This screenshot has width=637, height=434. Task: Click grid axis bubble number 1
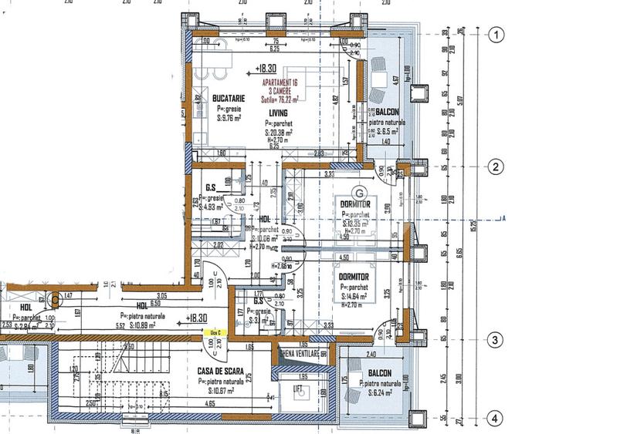(498, 34)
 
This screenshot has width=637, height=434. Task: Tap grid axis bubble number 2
(498, 167)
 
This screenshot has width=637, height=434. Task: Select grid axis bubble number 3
(498, 340)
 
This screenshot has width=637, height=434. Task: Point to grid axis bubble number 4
(498, 419)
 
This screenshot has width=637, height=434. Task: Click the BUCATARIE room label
(208, 99)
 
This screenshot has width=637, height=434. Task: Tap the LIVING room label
(278, 113)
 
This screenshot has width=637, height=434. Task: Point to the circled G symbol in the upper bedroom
(357, 191)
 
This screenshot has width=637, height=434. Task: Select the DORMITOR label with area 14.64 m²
(353, 276)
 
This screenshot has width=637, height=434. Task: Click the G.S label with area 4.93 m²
(211, 187)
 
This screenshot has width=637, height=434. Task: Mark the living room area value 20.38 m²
(284, 132)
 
